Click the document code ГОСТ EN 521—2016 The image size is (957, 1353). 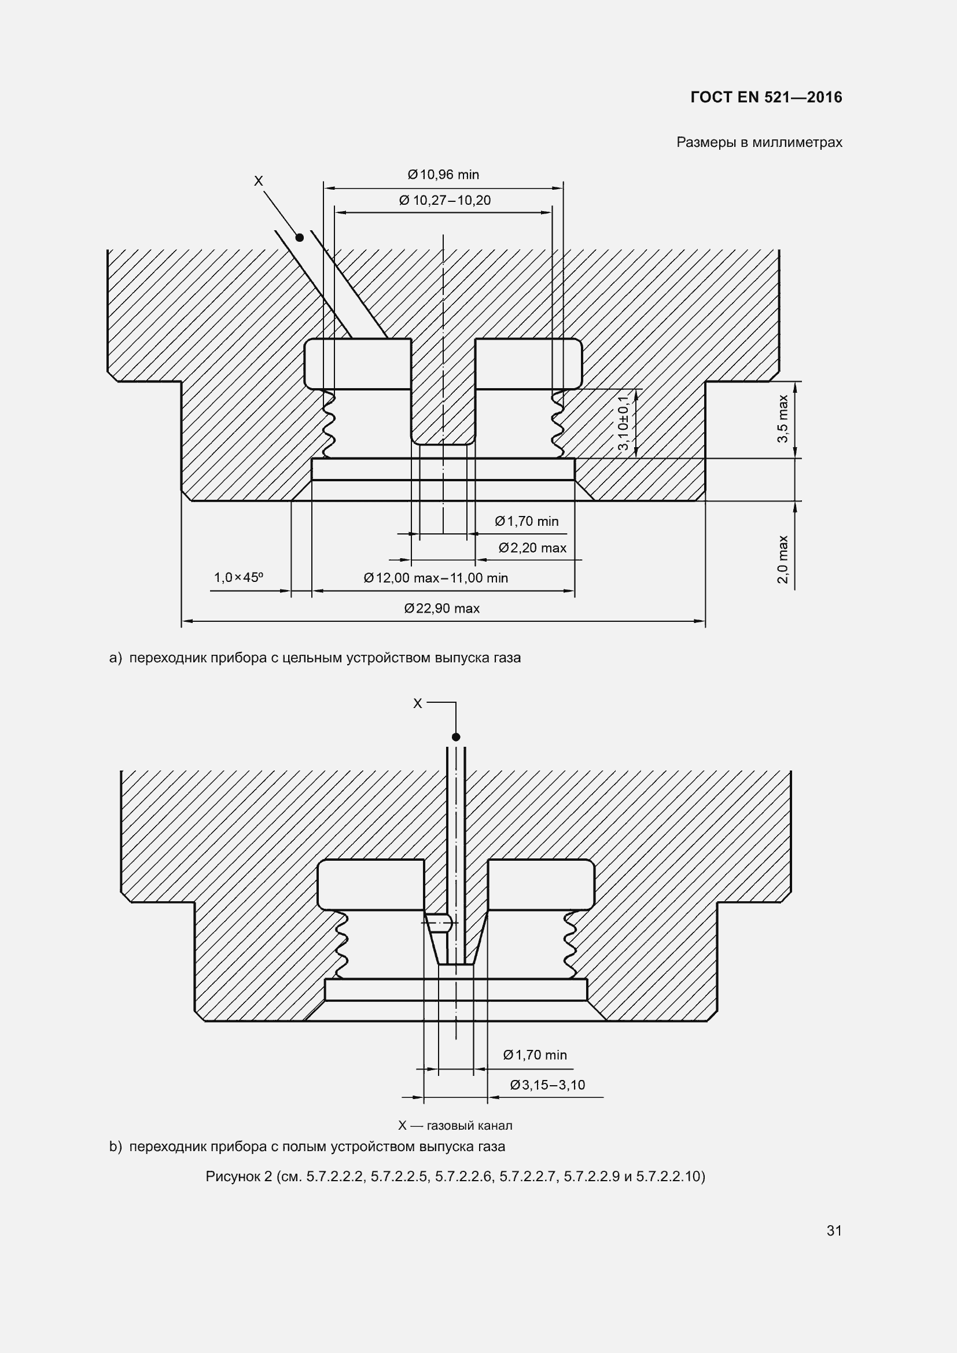coord(766,97)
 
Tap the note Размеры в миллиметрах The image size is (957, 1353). coord(759,143)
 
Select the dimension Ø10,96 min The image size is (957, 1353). coord(443,175)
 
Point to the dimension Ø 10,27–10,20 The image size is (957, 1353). coord(445,200)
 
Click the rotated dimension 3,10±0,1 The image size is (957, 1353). coord(624,422)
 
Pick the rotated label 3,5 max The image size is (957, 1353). coord(783,419)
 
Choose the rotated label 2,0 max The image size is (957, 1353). coord(783,559)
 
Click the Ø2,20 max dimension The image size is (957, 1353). coord(533,548)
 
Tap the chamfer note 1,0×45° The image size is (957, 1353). coord(238,577)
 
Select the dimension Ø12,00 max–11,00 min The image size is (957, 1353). coord(436,578)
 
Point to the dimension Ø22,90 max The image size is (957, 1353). coord(442,609)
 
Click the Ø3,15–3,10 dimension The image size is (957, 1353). coord(547,1085)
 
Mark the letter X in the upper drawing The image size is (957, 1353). coord(258,181)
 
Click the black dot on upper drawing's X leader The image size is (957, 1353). coord(299,238)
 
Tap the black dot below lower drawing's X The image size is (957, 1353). coord(455,737)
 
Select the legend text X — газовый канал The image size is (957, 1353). coord(455,1126)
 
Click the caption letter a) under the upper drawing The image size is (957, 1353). coord(116,658)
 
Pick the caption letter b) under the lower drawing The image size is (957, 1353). coord(116,1146)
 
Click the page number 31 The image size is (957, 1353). coord(834,1230)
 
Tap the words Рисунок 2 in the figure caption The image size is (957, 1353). coord(238,1177)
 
